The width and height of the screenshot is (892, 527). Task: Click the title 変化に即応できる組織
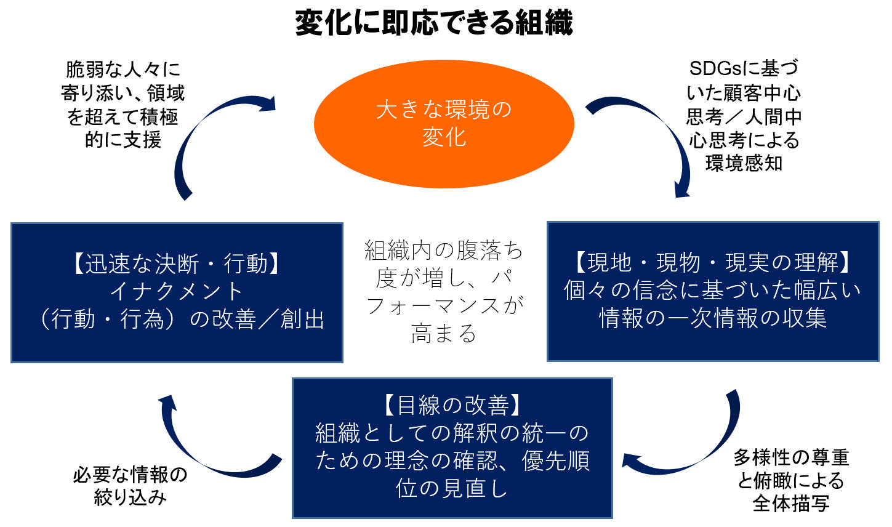(x=434, y=23)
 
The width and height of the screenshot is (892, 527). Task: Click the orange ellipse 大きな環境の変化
(x=444, y=123)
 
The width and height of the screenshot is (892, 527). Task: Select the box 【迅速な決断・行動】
(x=177, y=292)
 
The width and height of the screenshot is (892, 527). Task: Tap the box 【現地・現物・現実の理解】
(x=713, y=291)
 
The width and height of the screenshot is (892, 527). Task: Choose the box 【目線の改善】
(x=452, y=448)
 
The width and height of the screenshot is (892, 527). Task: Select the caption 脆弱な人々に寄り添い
(x=123, y=105)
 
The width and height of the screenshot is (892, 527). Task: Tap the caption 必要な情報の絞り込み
(x=130, y=486)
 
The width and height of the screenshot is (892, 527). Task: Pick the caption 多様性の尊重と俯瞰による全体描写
(x=791, y=480)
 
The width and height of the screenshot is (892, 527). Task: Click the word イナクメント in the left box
(x=177, y=292)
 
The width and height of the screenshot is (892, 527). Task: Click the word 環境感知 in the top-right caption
(x=744, y=163)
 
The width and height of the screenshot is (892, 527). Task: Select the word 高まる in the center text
(x=444, y=333)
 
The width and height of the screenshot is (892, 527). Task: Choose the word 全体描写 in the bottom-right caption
(x=791, y=504)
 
